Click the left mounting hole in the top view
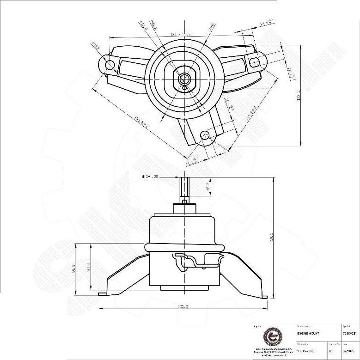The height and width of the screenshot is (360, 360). coord(110,64)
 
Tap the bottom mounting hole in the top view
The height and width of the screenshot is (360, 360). coord(205,135)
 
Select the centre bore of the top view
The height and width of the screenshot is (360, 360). coord(184,78)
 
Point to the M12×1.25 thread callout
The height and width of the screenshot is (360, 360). coord(150,177)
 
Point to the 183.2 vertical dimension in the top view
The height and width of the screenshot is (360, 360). coord(299,95)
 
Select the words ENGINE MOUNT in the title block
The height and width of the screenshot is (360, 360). coord(308,333)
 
